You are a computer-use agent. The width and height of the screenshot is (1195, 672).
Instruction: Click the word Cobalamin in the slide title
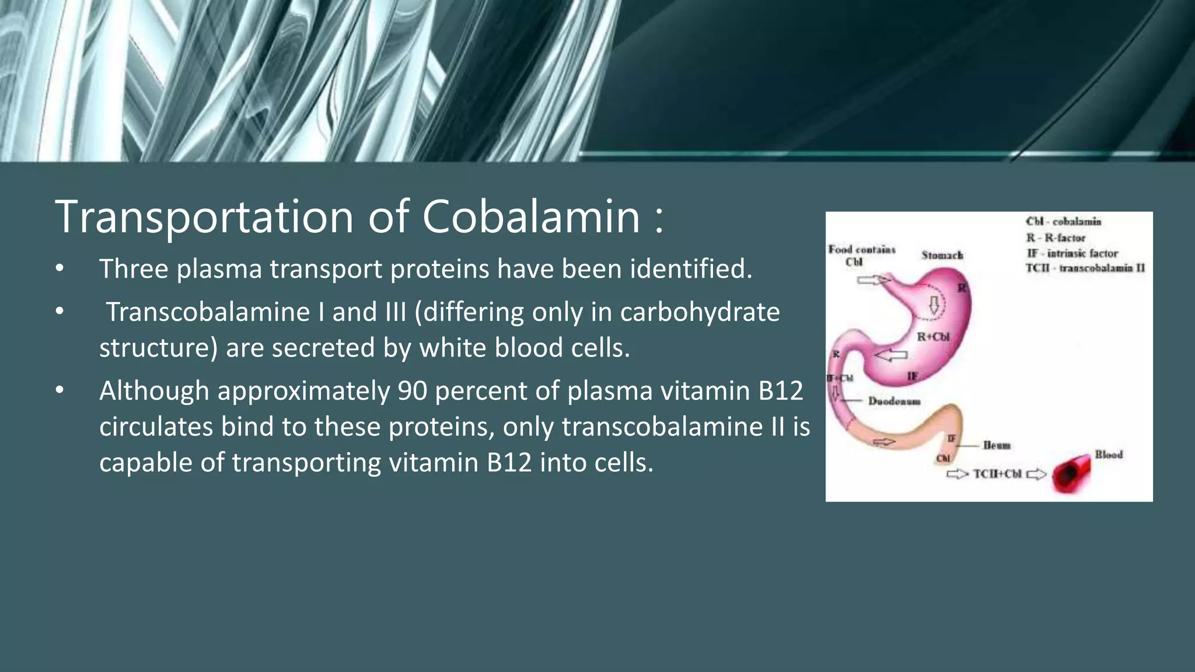point(531,216)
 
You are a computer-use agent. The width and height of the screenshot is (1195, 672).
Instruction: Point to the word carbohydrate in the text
point(700,312)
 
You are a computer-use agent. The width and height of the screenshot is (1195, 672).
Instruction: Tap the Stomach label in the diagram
point(942,255)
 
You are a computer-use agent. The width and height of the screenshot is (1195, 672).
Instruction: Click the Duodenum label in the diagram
point(894,401)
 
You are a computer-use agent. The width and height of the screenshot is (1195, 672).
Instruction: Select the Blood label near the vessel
point(1108,454)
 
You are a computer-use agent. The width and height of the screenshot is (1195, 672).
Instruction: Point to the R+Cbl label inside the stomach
point(933,337)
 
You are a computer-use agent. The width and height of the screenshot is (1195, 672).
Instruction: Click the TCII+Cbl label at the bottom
point(997,474)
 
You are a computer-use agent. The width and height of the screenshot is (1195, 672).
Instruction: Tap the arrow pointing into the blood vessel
point(1036,474)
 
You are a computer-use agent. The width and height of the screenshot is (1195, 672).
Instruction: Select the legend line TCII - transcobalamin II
point(1085,268)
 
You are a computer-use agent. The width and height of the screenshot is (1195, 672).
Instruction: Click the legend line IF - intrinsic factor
point(1072,253)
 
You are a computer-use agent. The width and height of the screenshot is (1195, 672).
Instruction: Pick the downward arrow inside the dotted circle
point(934,305)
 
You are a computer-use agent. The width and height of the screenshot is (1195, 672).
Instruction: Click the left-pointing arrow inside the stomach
point(891,355)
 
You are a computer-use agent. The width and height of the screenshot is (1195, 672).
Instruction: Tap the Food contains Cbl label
point(861,256)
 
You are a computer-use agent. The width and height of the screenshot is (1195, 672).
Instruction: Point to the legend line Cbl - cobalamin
point(1063,222)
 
